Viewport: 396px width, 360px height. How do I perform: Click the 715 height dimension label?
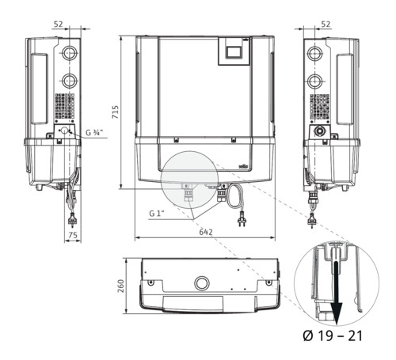point(116,112)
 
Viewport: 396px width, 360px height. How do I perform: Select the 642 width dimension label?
point(206,232)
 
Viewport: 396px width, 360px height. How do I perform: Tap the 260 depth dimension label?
point(120,286)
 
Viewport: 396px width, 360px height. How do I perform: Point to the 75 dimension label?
point(73,235)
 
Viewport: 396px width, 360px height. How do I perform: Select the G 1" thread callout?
point(157,213)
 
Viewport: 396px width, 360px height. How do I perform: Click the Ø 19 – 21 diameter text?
point(333,335)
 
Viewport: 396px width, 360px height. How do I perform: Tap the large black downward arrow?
point(336,293)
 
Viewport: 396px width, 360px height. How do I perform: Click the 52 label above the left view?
point(59,25)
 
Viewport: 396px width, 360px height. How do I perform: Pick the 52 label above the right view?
point(326,25)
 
